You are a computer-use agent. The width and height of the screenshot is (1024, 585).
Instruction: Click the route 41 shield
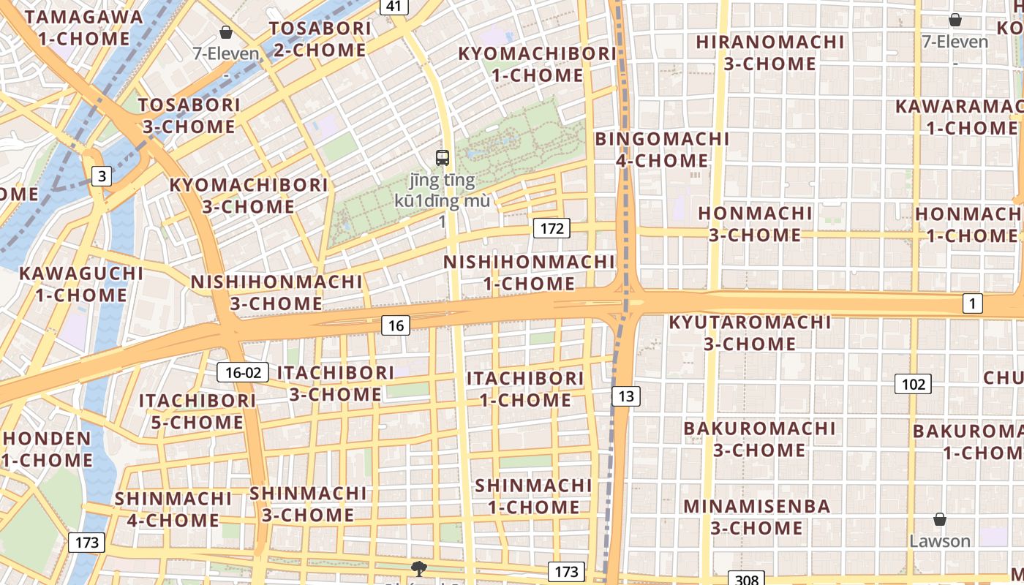click(x=394, y=7)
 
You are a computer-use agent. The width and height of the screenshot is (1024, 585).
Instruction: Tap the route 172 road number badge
click(x=551, y=229)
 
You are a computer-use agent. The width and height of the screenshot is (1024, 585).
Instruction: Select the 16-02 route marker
click(x=243, y=372)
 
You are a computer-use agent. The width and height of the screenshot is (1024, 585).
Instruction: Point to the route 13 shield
click(x=625, y=396)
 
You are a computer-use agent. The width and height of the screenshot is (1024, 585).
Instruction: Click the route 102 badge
click(x=913, y=384)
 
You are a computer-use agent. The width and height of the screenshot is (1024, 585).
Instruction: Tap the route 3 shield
click(x=102, y=175)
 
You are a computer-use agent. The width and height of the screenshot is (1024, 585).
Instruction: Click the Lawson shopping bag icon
click(x=940, y=520)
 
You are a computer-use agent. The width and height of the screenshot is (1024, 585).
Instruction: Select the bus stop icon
click(x=443, y=157)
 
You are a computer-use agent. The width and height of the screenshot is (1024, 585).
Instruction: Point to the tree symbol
click(x=418, y=568)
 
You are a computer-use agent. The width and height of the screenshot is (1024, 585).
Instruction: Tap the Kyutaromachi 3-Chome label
click(x=750, y=333)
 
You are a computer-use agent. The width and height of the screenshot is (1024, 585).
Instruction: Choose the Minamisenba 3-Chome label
click(x=757, y=516)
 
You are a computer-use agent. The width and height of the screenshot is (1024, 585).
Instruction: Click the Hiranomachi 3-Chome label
click(x=770, y=53)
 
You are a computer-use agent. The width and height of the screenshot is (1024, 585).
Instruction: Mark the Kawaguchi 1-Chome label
click(x=81, y=284)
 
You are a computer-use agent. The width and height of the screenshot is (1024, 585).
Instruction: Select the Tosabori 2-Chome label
click(x=320, y=39)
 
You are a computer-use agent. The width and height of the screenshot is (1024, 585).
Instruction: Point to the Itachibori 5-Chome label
click(x=197, y=411)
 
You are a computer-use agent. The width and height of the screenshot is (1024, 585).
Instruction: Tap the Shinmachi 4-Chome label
click(x=173, y=509)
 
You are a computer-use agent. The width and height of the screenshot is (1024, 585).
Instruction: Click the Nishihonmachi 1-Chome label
click(x=530, y=272)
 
